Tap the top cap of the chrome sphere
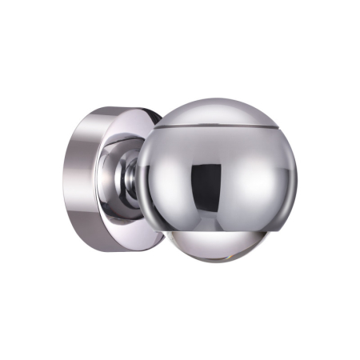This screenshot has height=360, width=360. [216, 112]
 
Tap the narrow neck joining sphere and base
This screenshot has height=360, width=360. [129, 180]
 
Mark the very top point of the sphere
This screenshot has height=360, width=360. [216, 99]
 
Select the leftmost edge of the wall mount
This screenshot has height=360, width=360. [64, 180]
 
